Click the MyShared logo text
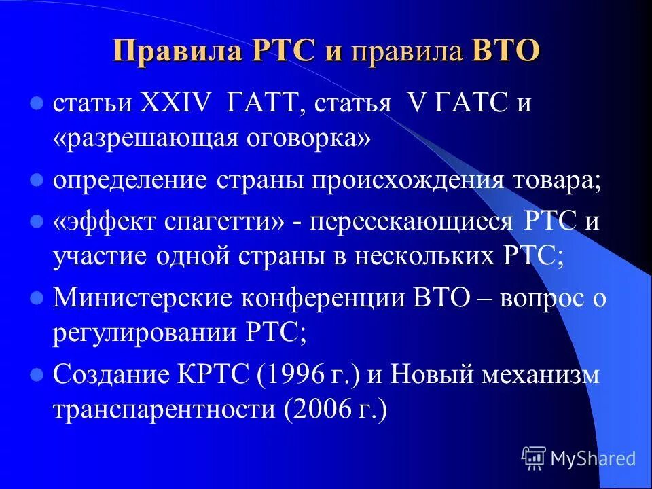592,458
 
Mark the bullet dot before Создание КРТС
37,374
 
